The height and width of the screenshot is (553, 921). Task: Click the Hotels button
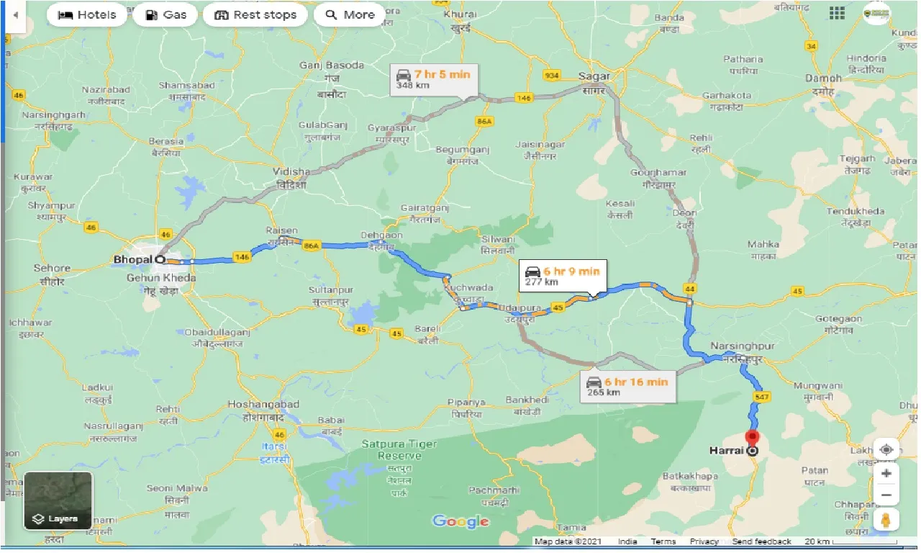click(x=86, y=14)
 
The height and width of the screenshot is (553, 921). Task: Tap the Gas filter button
click(x=165, y=14)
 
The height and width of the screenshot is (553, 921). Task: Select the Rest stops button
click(x=255, y=14)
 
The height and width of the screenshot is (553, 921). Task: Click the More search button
click(x=350, y=14)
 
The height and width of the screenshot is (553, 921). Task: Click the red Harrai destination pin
click(x=752, y=439)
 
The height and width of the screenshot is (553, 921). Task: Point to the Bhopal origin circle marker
click(x=160, y=259)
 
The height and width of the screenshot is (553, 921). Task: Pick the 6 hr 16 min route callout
click(x=627, y=386)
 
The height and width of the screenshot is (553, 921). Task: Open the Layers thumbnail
click(x=58, y=500)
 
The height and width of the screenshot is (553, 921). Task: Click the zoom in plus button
click(x=886, y=473)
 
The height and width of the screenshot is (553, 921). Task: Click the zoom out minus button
click(x=886, y=495)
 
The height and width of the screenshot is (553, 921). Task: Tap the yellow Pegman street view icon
click(x=886, y=520)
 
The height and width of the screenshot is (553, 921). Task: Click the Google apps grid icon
click(x=837, y=13)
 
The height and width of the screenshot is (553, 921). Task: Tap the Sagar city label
click(x=594, y=76)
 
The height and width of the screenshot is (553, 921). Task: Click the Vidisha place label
click(x=291, y=172)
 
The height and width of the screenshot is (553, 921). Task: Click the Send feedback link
click(x=761, y=541)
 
